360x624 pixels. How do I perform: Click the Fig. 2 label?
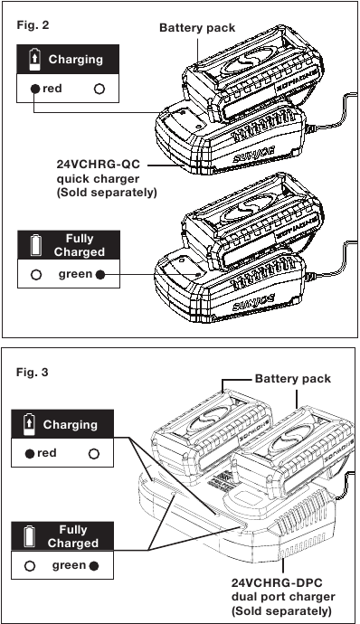33,25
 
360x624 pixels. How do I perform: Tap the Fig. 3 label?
32,373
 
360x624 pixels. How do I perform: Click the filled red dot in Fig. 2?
35,89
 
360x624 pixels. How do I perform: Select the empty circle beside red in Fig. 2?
99,89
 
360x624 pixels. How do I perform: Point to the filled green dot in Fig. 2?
100,275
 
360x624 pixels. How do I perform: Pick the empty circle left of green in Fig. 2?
36,275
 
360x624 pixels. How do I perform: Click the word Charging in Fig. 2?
76,60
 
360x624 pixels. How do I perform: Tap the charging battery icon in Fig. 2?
35,60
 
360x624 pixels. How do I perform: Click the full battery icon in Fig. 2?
36,245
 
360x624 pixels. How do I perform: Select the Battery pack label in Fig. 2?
197,28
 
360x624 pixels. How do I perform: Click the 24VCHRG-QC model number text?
99,165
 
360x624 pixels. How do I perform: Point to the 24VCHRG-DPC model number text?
278,583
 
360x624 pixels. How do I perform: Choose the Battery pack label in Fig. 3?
293,378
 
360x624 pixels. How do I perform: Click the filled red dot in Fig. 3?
30,454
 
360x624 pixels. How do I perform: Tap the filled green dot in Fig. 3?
94,566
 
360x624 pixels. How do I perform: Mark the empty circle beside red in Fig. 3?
93,454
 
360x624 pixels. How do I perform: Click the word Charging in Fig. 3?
70,425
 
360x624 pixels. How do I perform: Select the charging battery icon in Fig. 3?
30,424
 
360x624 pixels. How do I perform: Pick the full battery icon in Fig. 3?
30,536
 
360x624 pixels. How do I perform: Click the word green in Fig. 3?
70,566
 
